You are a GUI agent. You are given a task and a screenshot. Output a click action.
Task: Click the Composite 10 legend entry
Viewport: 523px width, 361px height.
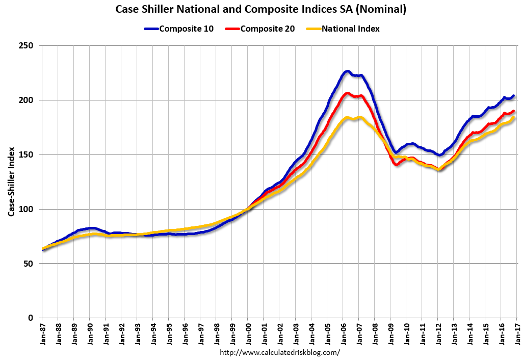[185, 29]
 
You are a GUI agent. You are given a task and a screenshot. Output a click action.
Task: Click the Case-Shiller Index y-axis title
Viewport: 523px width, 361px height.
[11, 182]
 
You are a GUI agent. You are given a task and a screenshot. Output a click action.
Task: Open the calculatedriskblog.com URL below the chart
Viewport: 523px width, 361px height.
[279, 352]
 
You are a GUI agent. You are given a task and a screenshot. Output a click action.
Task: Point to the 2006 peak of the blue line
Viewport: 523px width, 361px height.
[347, 71]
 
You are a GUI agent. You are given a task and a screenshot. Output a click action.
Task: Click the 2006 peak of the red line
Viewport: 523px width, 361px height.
[347, 93]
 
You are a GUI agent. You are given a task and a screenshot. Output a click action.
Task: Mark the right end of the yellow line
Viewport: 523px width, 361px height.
[514, 118]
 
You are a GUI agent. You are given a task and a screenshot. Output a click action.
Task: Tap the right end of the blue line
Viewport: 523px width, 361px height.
[513, 96]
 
